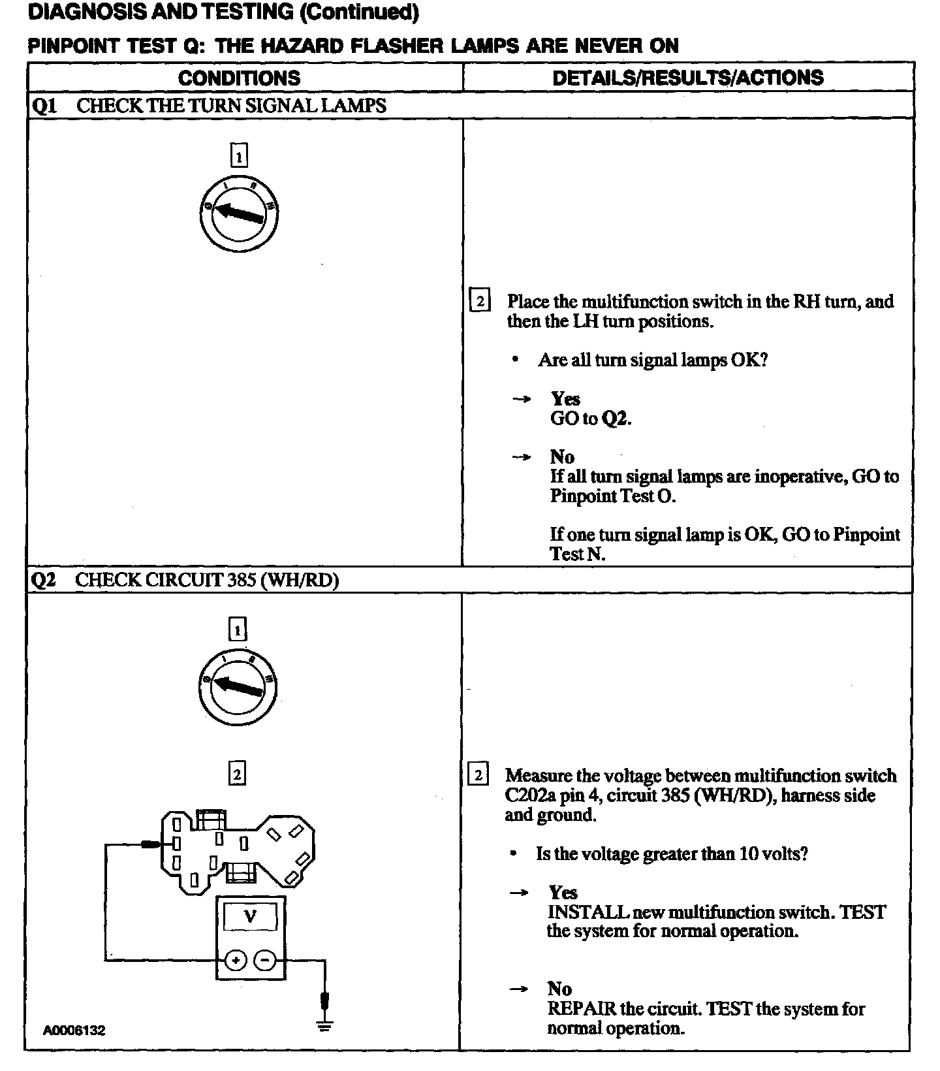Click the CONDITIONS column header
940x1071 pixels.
[239, 78]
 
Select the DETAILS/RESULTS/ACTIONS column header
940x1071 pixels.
[687, 78]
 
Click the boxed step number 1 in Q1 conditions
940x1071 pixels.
[240, 156]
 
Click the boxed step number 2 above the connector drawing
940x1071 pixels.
[237, 775]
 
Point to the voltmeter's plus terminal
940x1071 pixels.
[236, 960]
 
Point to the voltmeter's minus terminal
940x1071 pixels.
[265, 960]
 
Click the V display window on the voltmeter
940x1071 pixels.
[251, 917]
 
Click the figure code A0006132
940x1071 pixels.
[74, 1030]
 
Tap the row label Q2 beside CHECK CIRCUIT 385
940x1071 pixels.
[44, 580]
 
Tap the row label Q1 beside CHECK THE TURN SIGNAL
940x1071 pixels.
[44, 106]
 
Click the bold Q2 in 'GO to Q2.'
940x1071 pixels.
[615, 419]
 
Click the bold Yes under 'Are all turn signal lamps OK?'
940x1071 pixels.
[565, 398]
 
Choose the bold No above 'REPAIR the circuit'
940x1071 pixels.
[559, 989]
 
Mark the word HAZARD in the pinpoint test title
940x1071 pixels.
[289, 46]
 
